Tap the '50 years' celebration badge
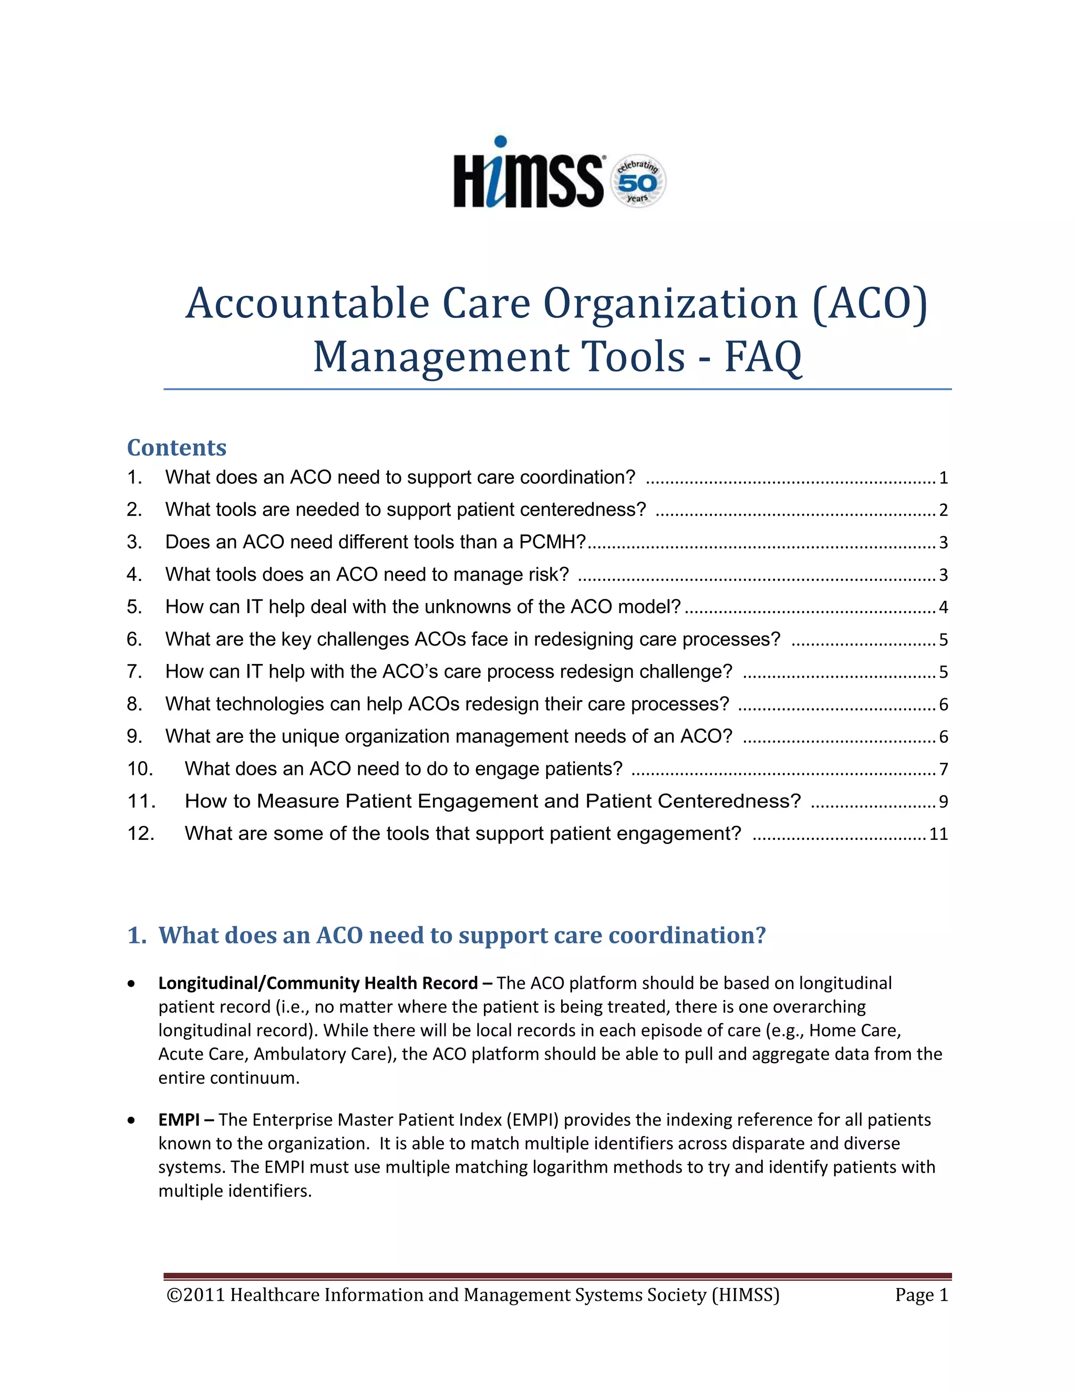click(x=638, y=182)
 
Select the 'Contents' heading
click(x=177, y=448)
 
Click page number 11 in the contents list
click(x=938, y=834)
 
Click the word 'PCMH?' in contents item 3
click(x=552, y=543)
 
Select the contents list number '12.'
click(x=141, y=834)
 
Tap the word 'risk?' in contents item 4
click(x=547, y=575)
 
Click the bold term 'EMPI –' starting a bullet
click(x=186, y=1120)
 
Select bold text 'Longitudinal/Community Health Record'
click(x=317, y=983)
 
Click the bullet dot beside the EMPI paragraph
click(x=131, y=1120)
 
